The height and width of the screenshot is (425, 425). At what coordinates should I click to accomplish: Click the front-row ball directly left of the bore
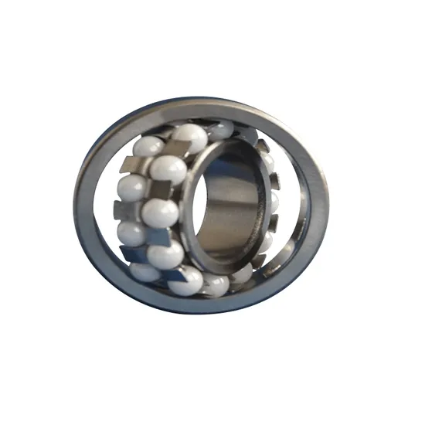(161, 212)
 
